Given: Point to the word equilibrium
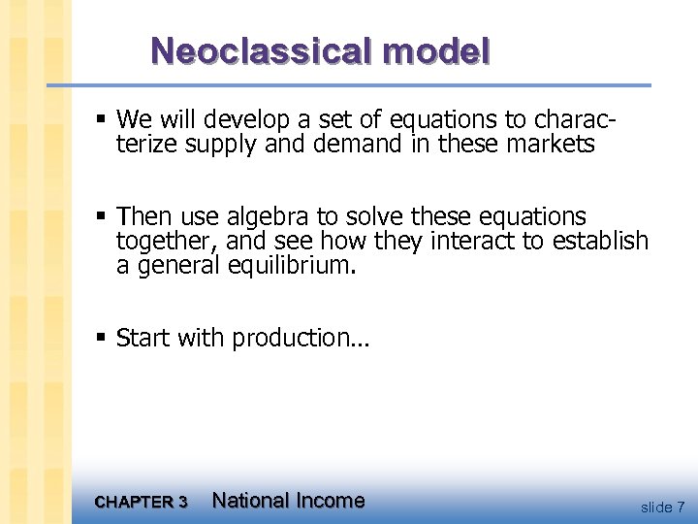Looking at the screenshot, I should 292,265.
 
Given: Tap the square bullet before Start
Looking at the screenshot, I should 102,339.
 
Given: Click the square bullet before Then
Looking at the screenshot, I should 102,216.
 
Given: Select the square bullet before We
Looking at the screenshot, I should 102,120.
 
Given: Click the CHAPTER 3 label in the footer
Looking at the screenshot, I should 142,502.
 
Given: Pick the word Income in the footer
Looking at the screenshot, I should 331,501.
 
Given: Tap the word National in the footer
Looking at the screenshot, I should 250,501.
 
